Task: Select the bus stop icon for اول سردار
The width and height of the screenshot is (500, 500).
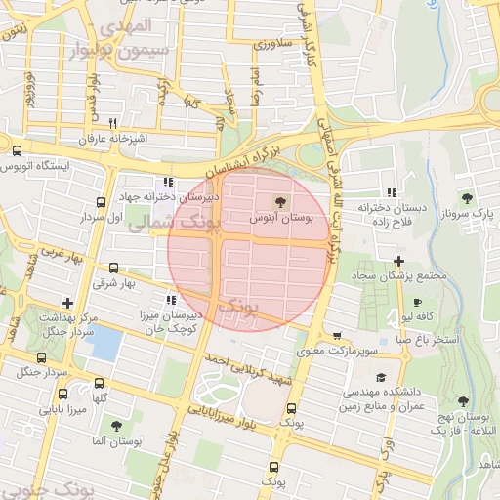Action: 101,202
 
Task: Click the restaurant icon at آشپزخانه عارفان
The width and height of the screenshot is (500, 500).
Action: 113,123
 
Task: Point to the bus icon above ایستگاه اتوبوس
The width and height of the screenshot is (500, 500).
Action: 17,150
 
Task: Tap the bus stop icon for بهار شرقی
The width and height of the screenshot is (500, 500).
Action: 114,268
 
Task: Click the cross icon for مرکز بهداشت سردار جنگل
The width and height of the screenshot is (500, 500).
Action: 66,303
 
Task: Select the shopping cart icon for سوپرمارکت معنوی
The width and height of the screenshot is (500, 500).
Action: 336,334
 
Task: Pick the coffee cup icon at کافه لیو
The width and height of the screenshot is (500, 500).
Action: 418,303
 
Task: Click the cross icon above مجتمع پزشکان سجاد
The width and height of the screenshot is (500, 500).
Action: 399,260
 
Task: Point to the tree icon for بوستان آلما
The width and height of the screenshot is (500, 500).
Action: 116,426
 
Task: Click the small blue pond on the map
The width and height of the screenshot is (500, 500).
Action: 104,342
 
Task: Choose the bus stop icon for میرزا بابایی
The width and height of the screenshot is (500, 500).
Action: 64,394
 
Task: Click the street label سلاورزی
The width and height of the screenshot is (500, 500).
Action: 273,44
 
